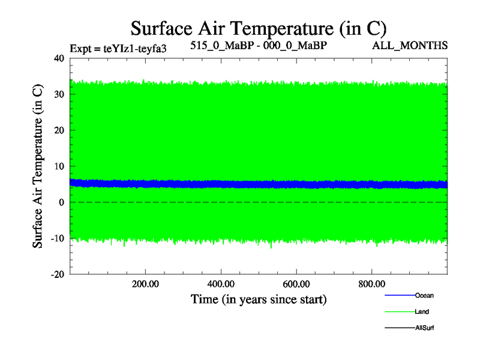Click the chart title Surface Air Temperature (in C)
[259, 28]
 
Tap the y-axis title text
[38, 166]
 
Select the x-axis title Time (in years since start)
[259, 299]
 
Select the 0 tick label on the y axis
[61, 202]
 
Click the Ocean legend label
[424, 295]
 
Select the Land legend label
[422, 312]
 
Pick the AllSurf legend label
[424, 328]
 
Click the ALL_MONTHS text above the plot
[410, 46]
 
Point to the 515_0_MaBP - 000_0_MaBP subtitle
[259, 46]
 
